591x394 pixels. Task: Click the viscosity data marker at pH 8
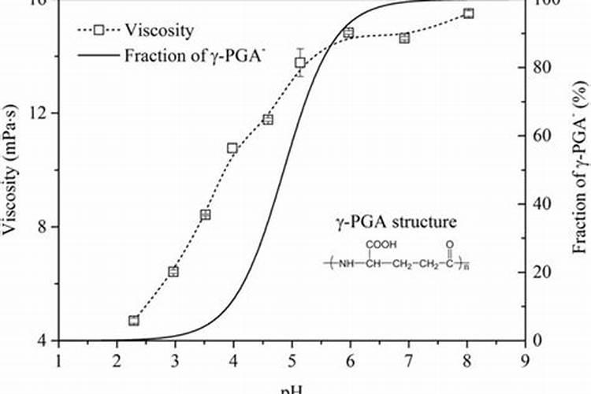(x=468, y=13)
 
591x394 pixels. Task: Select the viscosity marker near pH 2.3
(x=134, y=321)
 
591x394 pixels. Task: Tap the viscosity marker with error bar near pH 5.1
(x=300, y=62)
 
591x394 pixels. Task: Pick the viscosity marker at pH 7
(x=404, y=38)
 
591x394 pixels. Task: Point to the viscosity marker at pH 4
(x=232, y=148)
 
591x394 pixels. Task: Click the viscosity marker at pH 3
(x=173, y=272)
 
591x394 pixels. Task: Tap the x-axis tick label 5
(x=292, y=360)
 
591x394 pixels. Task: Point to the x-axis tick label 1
(x=58, y=360)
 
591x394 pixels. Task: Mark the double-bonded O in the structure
(x=449, y=244)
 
